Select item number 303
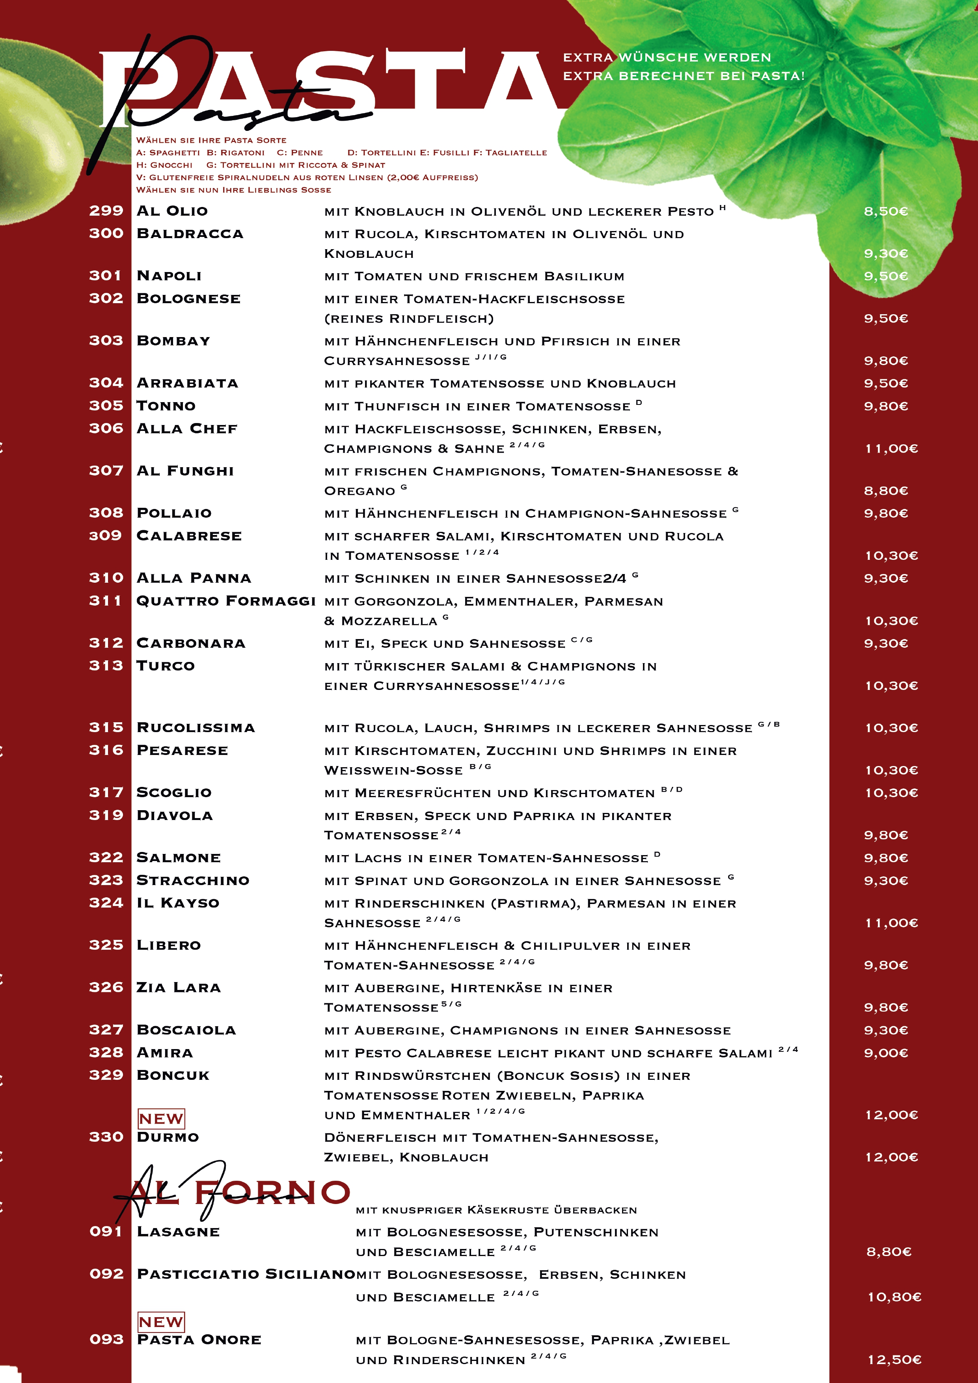pyautogui.click(x=106, y=340)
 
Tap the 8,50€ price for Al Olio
pyautogui.click(x=885, y=211)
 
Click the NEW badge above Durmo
pyautogui.click(x=161, y=1118)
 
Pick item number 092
pyautogui.click(x=106, y=1273)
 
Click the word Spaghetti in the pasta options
pyautogui.click(x=175, y=153)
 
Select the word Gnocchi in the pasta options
pyautogui.click(x=171, y=165)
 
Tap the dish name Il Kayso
pyautogui.click(x=178, y=902)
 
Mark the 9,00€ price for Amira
pyautogui.click(x=885, y=1053)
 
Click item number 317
pyautogui.click(x=106, y=792)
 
